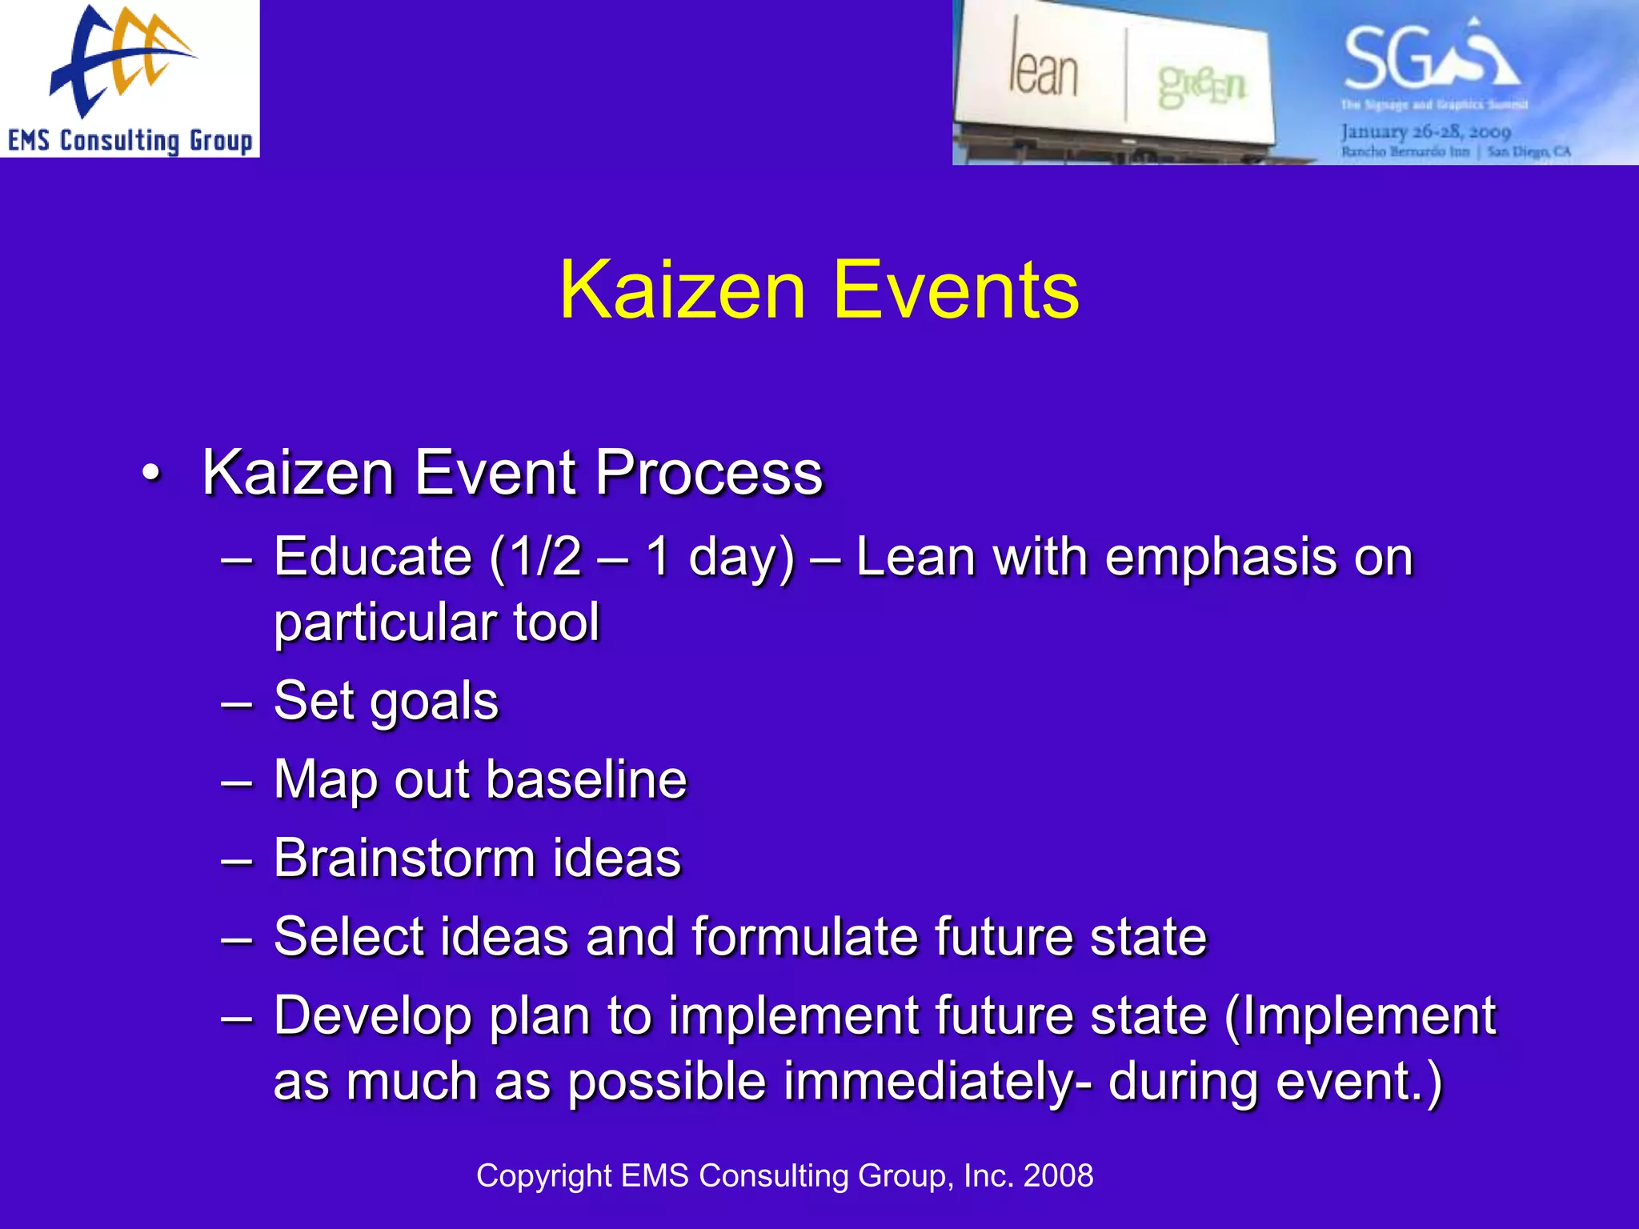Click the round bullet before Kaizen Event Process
(150, 474)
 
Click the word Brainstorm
(404, 858)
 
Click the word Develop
(373, 1015)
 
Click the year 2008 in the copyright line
(1058, 1175)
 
